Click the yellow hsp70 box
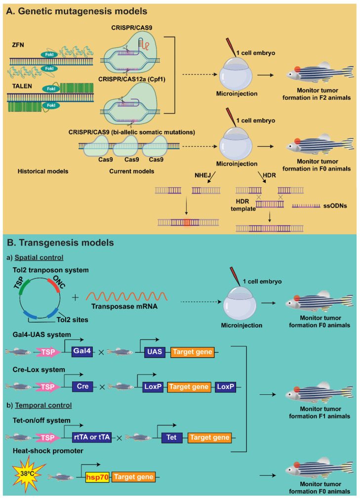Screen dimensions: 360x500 point(97,477)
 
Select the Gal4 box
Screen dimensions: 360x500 point(82,351)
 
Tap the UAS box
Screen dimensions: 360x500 point(155,352)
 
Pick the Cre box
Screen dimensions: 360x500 point(82,386)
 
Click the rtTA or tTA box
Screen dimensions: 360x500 point(92,437)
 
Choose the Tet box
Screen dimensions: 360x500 point(171,438)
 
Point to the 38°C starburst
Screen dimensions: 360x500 point(28,474)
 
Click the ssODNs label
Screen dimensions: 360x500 point(335,206)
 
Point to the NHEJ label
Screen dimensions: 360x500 point(202,175)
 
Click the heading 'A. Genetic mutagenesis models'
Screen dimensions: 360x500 point(77,11)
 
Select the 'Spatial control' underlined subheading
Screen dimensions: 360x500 point(39,257)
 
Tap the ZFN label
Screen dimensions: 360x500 point(18,45)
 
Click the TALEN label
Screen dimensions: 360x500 point(22,86)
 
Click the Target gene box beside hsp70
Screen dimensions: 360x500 point(134,477)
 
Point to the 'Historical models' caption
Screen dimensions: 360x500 point(43,171)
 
